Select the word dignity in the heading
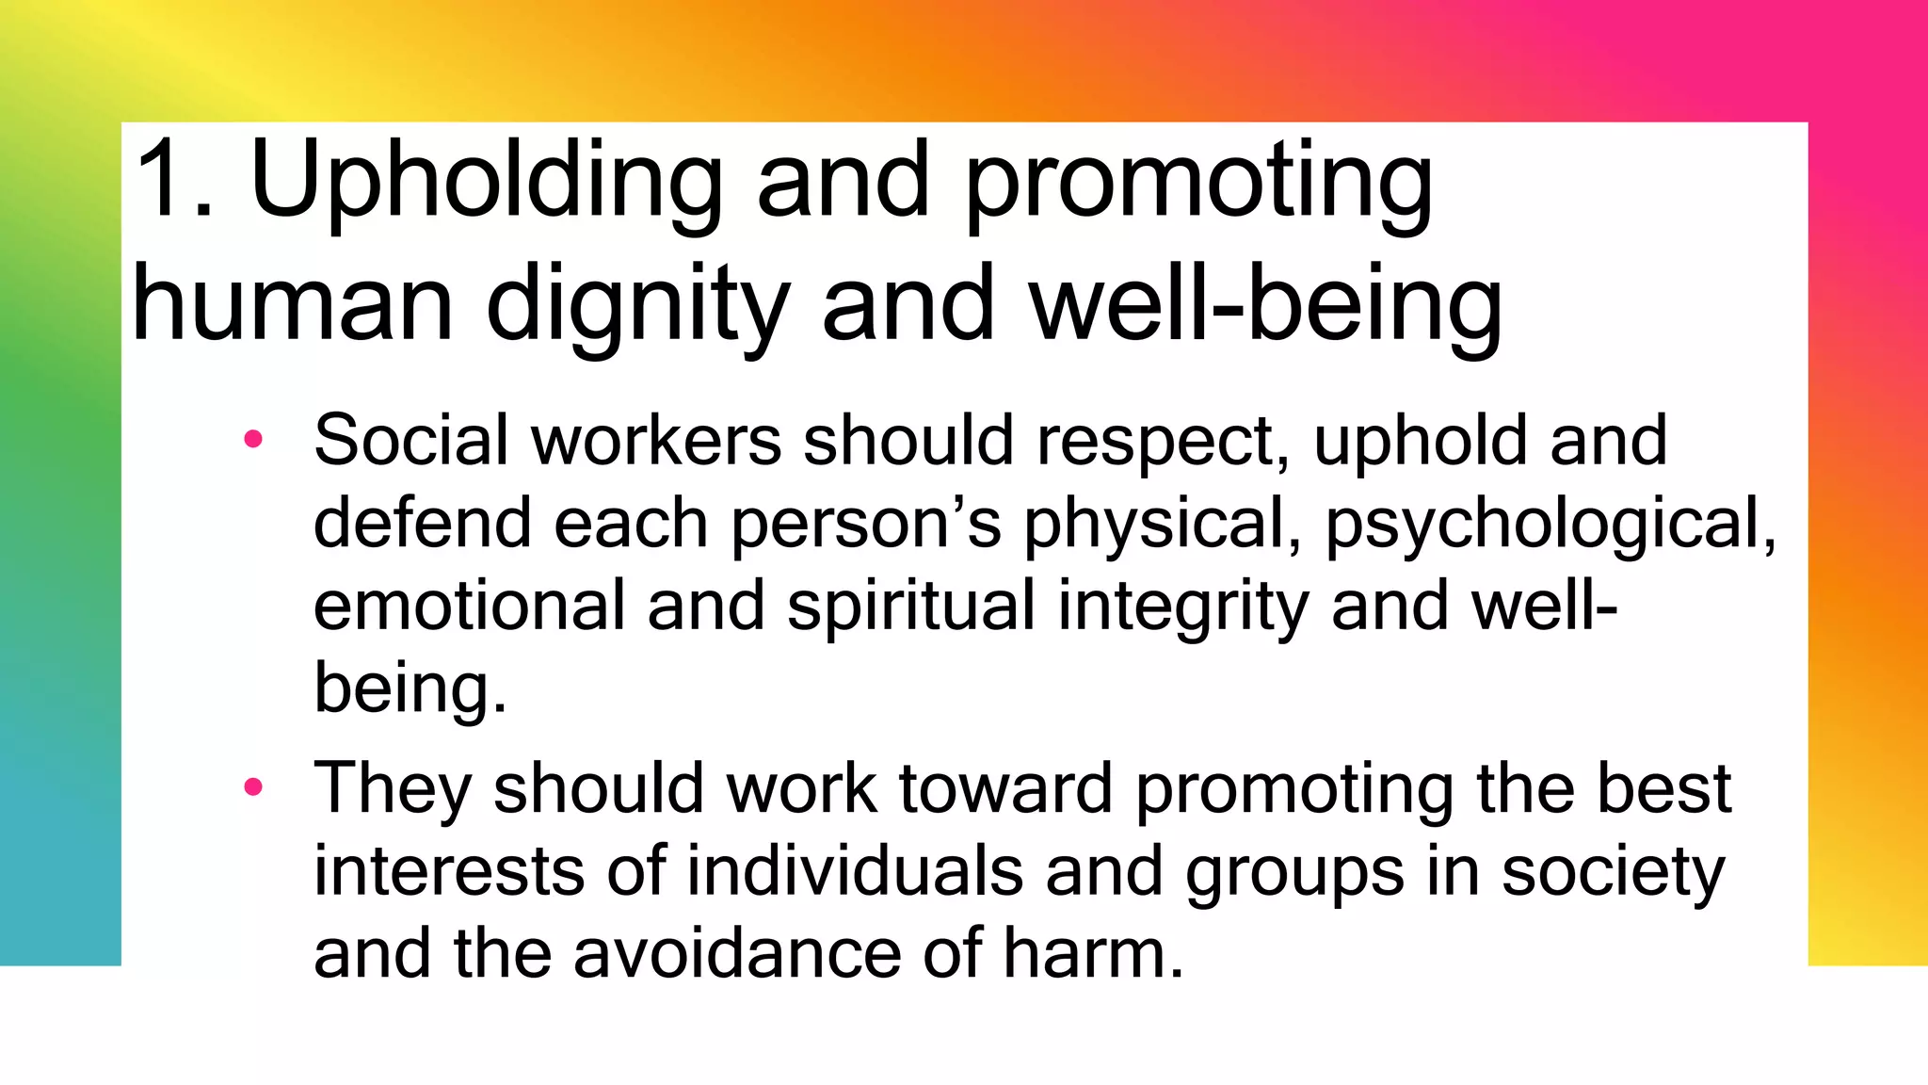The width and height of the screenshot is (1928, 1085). [637, 306]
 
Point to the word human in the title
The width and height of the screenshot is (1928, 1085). [293, 304]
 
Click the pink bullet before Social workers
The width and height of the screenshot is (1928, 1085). [252, 438]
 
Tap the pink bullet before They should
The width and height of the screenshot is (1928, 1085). [252, 786]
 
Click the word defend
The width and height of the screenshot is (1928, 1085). [423, 523]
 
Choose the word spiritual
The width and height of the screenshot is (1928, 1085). [910, 606]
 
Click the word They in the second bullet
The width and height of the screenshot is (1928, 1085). [392, 788]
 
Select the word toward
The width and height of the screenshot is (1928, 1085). [1005, 788]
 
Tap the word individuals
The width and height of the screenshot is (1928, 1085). [854, 871]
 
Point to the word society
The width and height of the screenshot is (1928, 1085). [1613, 871]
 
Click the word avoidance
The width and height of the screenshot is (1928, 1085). [737, 954]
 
